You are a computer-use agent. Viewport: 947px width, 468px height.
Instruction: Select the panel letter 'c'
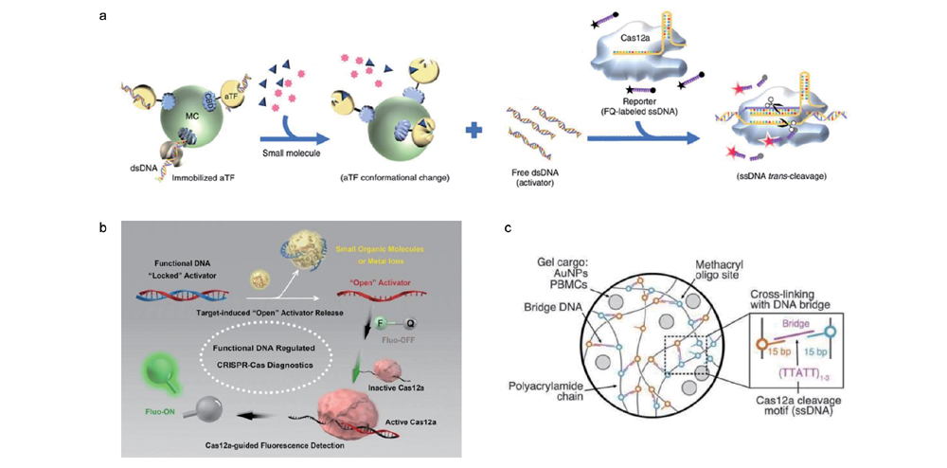[x=509, y=227]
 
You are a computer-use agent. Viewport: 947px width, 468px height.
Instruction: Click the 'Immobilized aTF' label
[x=181, y=178]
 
